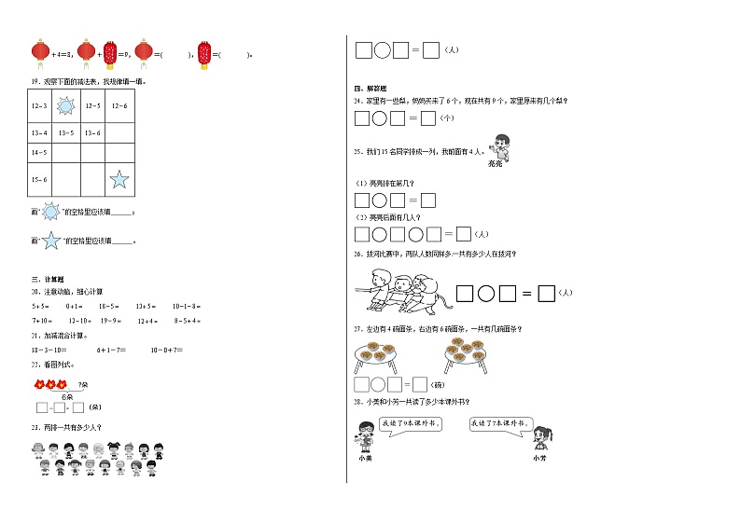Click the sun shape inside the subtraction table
[66, 106]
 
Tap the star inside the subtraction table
[119, 179]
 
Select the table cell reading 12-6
[119, 106]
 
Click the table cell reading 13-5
[66, 133]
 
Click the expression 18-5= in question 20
[108, 306]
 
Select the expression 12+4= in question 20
[147, 321]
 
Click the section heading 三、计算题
[48, 280]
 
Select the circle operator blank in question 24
[380, 118]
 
